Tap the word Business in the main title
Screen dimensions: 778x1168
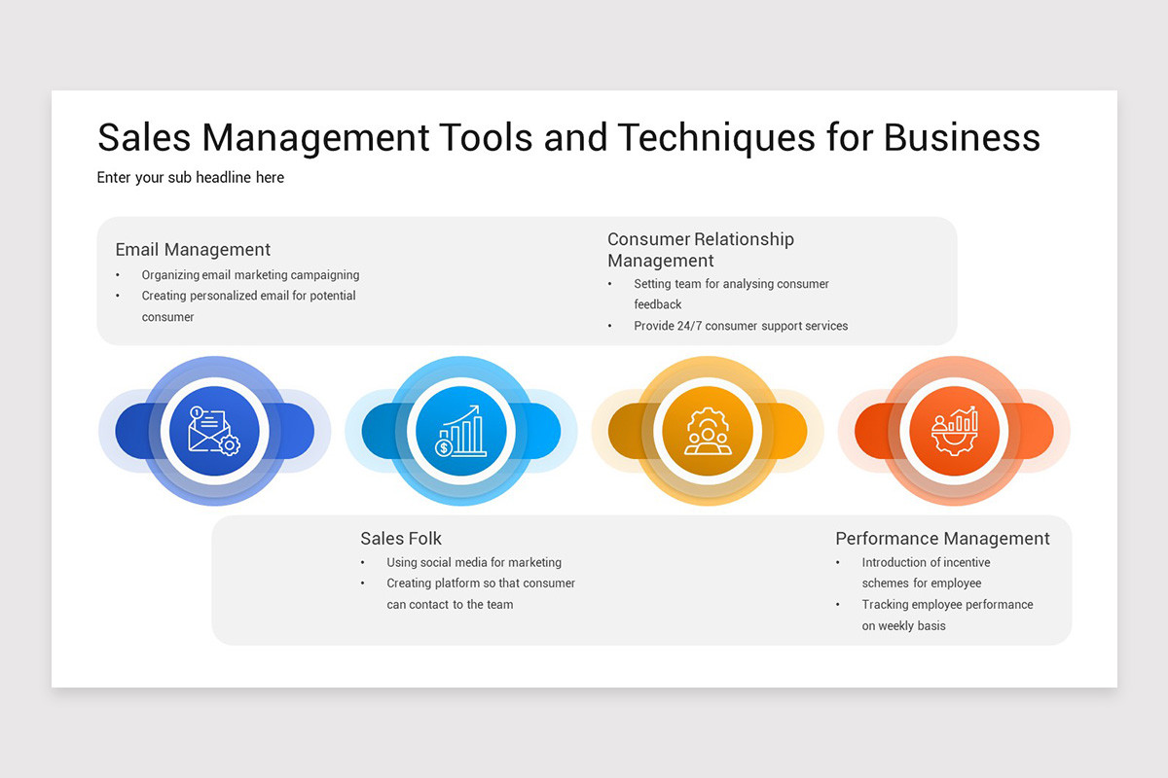pyautogui.click(x=962, y=137)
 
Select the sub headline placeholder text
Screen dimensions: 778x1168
pyautogui.click(x=191, y=178)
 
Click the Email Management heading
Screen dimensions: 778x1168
pyautogui.click(x=193, y=250)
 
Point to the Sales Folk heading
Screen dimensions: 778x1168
pyautogui.click(x=401, y=539)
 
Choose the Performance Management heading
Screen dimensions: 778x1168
pyautogui.click(x=942, y=539)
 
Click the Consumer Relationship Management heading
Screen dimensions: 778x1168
pyautogui.click(x=701, y=250)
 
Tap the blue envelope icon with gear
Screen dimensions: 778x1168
pyautogui.click(x=214, y=431)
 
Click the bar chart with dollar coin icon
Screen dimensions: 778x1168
pyautogui.click(x=460, y=431)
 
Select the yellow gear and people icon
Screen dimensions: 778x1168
pyautogui.click(x=708, y=431)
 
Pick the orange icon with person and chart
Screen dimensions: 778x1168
pyautogui.click(x=954, y=431)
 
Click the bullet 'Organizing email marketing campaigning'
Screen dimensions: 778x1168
pyautogui.click(x=250, y=275)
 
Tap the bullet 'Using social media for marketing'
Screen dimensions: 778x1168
pyautogui.click(x=474, y=562)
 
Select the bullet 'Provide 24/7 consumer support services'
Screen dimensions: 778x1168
pyautogui.click(x=741, y=326)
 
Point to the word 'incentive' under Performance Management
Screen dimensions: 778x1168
pyautogui.click(x=966, y=562)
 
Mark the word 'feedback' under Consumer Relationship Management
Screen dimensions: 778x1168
pyautogui.click(x=658, y=304)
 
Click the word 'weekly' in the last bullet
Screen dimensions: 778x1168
pyautogui.click(x=895, y=626)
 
